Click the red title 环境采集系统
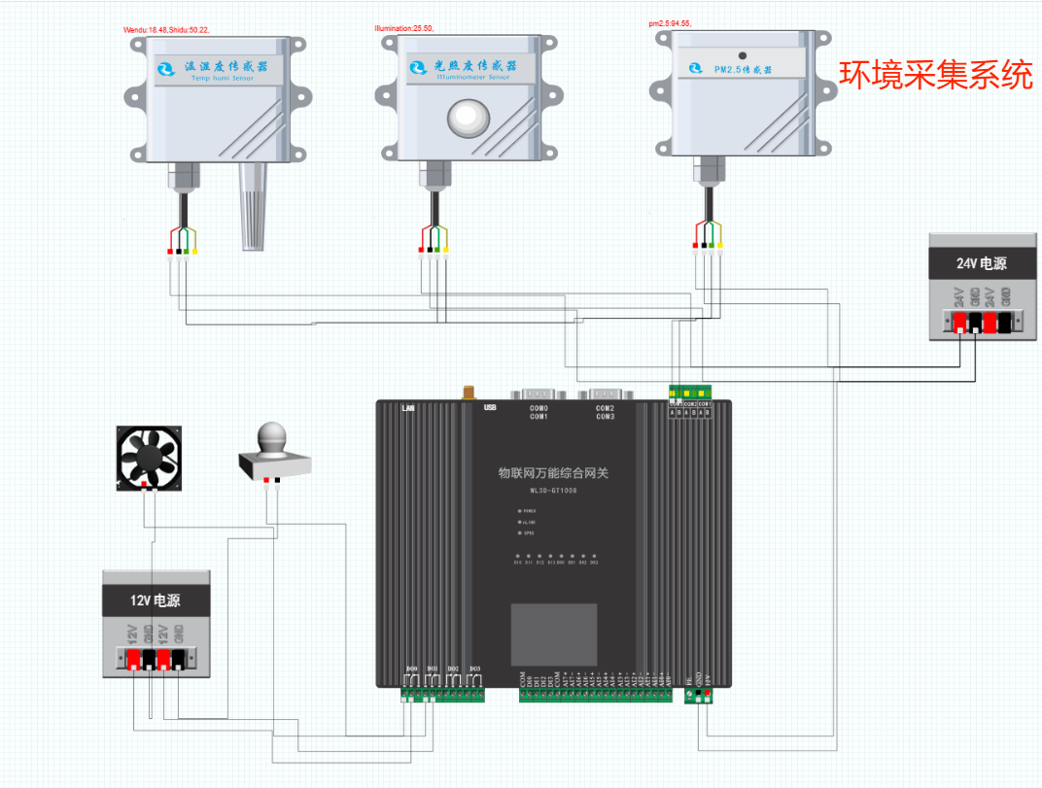click(936, 75)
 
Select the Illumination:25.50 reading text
click(403, 29)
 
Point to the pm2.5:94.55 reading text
click(670, 23)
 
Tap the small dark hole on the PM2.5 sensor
click(742, 55)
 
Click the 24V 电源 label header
click(981, 262)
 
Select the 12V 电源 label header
click(156, 600)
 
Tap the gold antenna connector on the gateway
click(468, 392)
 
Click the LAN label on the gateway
click(409, 408)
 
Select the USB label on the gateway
click(491, 408)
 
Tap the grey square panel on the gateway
click(554, 634)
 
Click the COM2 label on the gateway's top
click(606, 408)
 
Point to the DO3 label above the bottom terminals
click(474, 668)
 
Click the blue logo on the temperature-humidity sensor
click(165, 69)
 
